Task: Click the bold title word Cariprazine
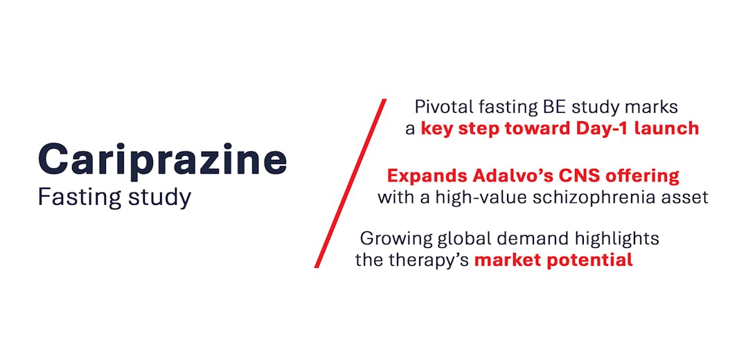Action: coord(162,161)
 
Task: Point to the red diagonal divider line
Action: coord(350,183)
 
